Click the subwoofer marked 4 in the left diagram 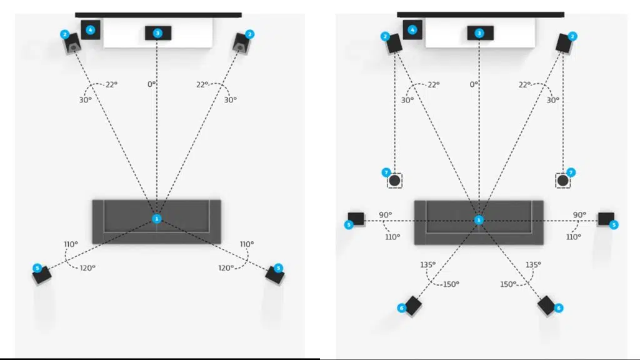click(x=91, y=29)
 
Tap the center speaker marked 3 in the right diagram click(x=479, y=32)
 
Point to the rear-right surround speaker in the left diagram click(x=273, y=274)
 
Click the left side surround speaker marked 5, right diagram click(x=356, y=219)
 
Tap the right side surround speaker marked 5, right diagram click(x=606, y=219)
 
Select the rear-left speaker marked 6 click(x=413, y=306)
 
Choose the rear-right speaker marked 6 click(x=546, y=305)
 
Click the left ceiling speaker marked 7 click(x=394, y=181)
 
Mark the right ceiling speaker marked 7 click(x=563, y=181)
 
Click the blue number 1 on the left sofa click(x=157, y=219)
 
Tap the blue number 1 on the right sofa click(x=479, y=220)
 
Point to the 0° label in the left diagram click(x=152, y=84)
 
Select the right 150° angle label click(x=508, y=284)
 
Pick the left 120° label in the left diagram click(x=87, y=267)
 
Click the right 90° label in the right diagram click(x=579, y=215)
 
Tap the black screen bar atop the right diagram click(x=481, y=14)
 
